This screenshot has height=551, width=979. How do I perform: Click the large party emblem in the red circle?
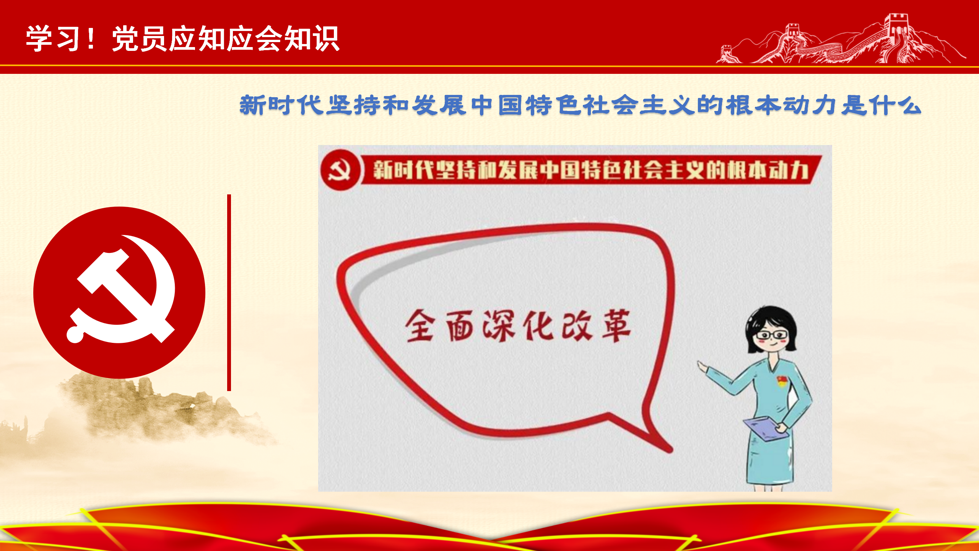pyautogui.click(x=119, y=293)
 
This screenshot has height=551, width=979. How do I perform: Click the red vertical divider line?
pyautogui.click(x=229, y=293)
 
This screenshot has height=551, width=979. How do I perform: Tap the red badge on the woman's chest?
pyautogui.click(x=782, y=381)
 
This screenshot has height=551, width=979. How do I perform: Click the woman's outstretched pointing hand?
pyautogui.click(x=703, y=367)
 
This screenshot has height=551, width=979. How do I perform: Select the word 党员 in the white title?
pyautogui.click(x=140, y=38)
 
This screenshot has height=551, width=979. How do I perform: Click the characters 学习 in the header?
pyautogui.click(x=54, y=38)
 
